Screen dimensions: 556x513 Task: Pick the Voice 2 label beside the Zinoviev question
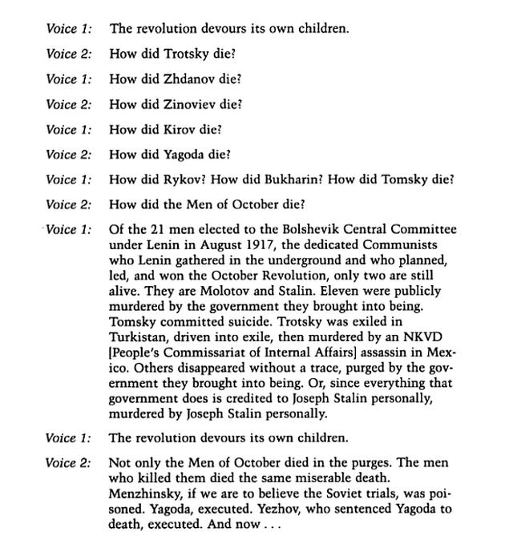click(68, 104)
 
